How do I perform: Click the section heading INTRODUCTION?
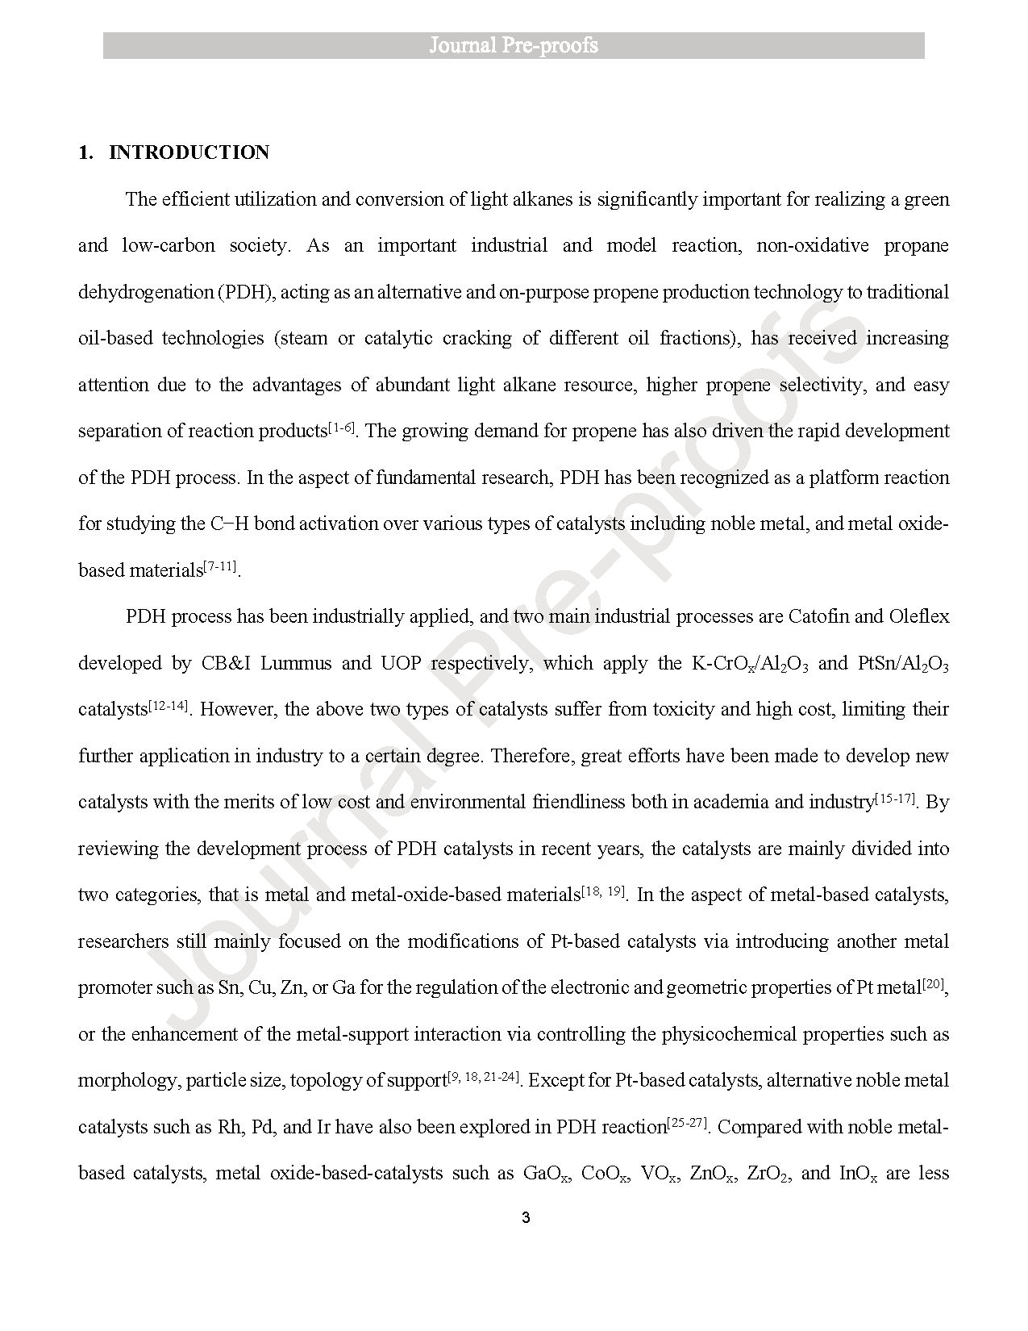(189, 153)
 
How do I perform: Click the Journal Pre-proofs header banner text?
(514, 45)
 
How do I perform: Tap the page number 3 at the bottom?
(526, 1218)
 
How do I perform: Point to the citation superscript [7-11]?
(220, 566)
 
